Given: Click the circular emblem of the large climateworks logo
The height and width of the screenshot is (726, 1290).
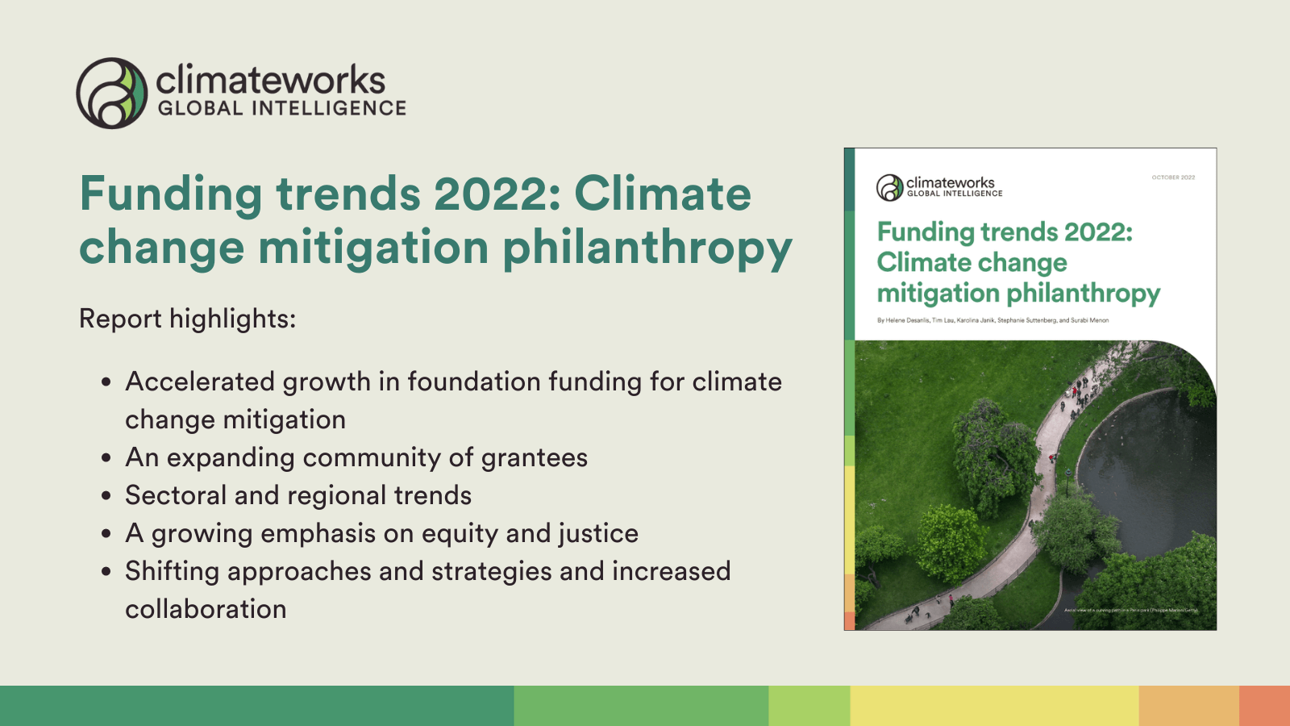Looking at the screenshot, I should click(112, 93).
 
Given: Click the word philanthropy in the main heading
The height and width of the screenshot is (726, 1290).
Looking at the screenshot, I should click(647, 248).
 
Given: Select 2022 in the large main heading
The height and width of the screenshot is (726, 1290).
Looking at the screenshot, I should click(497, 194).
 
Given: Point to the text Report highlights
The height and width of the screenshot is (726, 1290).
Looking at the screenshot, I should click(187, 319).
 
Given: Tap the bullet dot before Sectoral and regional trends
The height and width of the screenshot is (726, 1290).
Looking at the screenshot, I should click(106, 496).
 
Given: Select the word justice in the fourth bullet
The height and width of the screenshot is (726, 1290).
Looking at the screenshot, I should click(598, 533).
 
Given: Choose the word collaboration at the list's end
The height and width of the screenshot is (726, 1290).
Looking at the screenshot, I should click(206, 609).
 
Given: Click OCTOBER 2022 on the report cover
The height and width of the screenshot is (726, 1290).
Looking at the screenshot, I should click(1173, 177).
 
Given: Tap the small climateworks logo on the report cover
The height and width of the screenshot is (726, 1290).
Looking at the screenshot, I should click(939, 187).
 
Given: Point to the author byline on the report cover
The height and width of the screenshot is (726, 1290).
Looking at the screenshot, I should click(992, 320).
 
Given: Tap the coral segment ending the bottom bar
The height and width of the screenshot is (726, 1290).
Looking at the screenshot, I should click(1264, 706).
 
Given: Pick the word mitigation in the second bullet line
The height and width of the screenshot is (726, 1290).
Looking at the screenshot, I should click(284, 420).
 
